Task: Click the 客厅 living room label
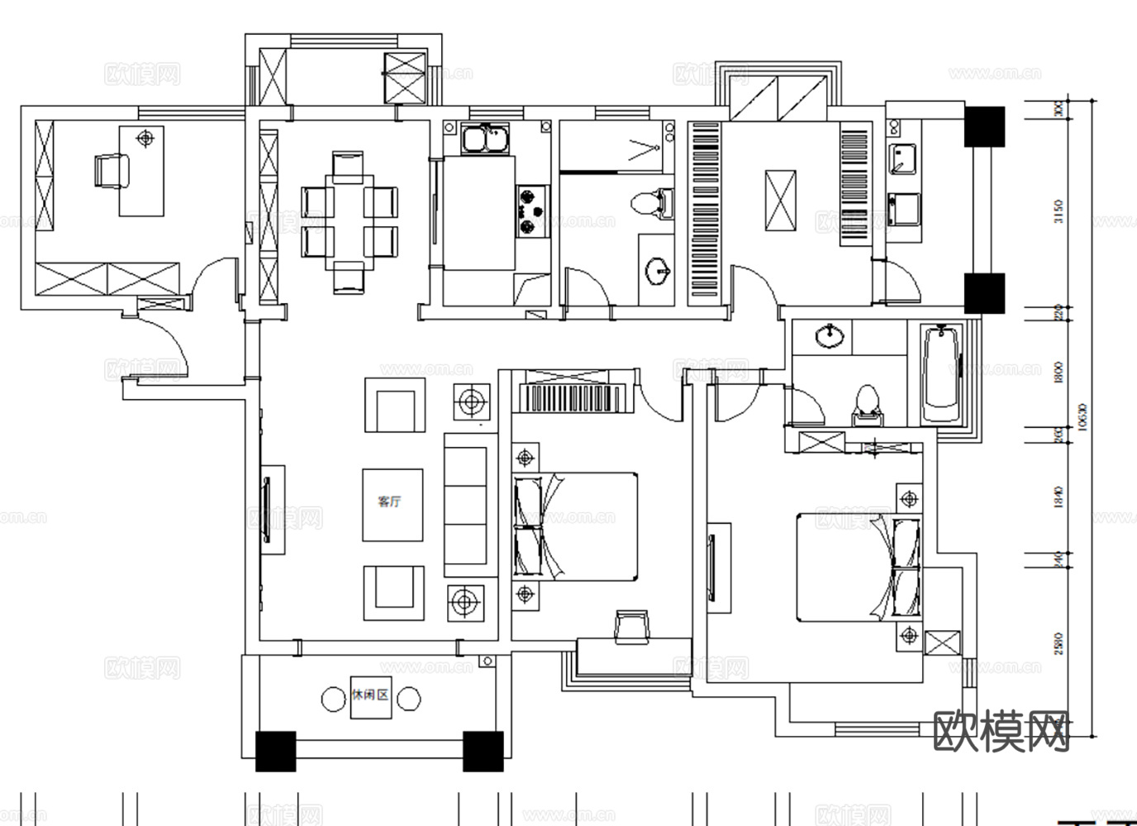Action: pyautogui.click(x=390, y=502)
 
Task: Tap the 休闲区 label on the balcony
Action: pyautogui.click(x=370, y=695)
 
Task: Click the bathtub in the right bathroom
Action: pyautogui.click(x=942, y=374)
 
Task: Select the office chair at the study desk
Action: pyautogui.click(x=112, y=171)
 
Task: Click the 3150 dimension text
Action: pyautogui.click(x=1060, y=211)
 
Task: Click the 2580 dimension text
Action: pyautogui.click(x=1060, y=643)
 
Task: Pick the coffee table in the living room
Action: pyautogui.click(x=392, y=505)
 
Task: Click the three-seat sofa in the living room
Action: pyautogui.click(x=466, y=505)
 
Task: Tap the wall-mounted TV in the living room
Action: pyautogui.click(x=267, y=509)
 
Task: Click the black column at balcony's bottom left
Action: pyautogui.click(x=275, y=751)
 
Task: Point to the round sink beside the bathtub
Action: pyautogui.click(x=829, y=337)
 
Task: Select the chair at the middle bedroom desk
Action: pyautogui.click(x=632, y=625)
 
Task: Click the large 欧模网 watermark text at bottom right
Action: pyautogui.click(x=1001, y=732)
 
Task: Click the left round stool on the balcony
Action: pyautogui.click(x=333, y=700)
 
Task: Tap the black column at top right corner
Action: pyautogui.click(x=984, y=126)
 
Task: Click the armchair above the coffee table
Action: pyautogui.click(x=395, y=406)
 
